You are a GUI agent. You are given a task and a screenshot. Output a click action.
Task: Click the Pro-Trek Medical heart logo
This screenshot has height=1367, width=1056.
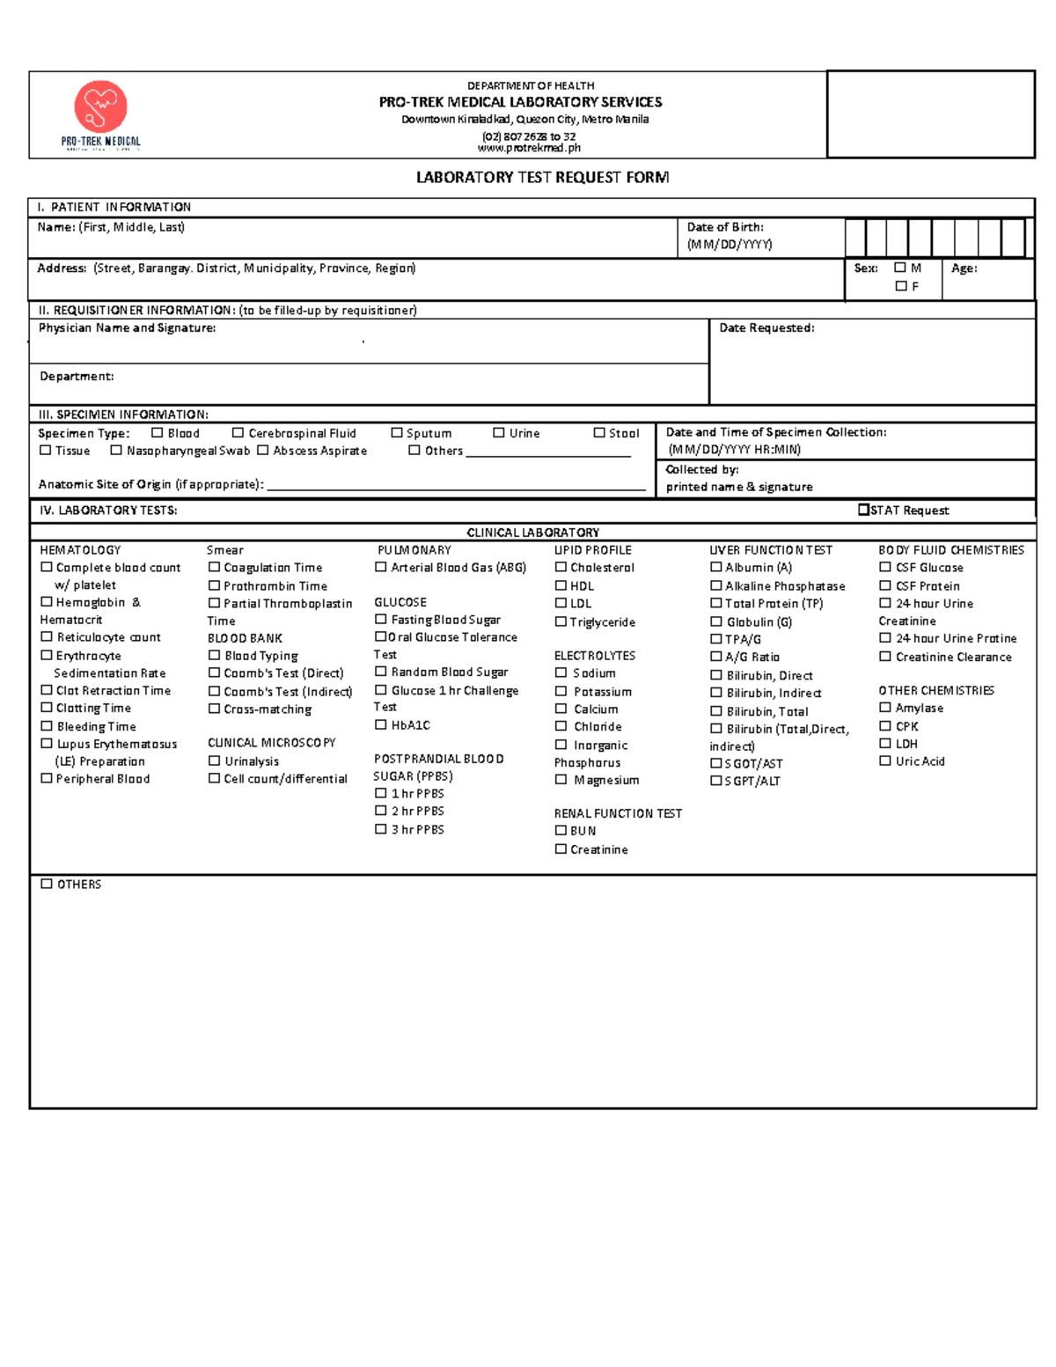101,107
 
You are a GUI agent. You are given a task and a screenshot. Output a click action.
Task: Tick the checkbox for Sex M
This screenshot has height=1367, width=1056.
899,268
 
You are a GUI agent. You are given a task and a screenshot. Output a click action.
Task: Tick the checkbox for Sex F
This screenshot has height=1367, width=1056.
900,286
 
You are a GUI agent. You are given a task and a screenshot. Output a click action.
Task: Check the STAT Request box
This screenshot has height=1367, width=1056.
863,510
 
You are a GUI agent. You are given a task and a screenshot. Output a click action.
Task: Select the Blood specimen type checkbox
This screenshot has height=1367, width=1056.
157,432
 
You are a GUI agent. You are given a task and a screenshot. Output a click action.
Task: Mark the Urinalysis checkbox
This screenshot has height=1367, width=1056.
214,761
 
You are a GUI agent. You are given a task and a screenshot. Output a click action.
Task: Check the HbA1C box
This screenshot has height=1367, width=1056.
380,724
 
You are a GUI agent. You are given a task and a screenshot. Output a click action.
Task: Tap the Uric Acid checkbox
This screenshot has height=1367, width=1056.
885,761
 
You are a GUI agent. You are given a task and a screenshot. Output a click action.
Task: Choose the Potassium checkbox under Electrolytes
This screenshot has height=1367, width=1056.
561,691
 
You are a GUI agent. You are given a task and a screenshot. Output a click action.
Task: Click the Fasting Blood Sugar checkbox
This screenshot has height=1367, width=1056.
380,619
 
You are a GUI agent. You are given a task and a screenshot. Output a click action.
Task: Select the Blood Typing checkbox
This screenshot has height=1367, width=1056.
214,655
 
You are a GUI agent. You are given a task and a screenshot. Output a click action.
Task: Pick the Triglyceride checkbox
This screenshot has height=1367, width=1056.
561,621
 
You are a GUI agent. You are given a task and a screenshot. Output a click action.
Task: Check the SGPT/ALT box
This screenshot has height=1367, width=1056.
715,781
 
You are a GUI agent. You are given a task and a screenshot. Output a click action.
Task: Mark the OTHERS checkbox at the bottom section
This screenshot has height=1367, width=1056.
47,884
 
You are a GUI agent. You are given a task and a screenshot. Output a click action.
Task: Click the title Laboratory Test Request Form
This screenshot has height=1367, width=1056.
542,178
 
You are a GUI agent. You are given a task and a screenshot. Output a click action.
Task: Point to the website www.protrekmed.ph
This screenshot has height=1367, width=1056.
529,148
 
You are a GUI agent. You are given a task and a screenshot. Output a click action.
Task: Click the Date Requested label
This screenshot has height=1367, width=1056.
766,328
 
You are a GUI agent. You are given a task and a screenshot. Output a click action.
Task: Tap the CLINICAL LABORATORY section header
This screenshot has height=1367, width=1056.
532,533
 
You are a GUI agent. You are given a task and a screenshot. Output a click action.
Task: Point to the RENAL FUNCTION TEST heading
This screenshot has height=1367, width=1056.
618,813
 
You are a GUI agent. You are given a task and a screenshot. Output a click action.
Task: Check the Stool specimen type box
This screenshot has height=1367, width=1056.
598,432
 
